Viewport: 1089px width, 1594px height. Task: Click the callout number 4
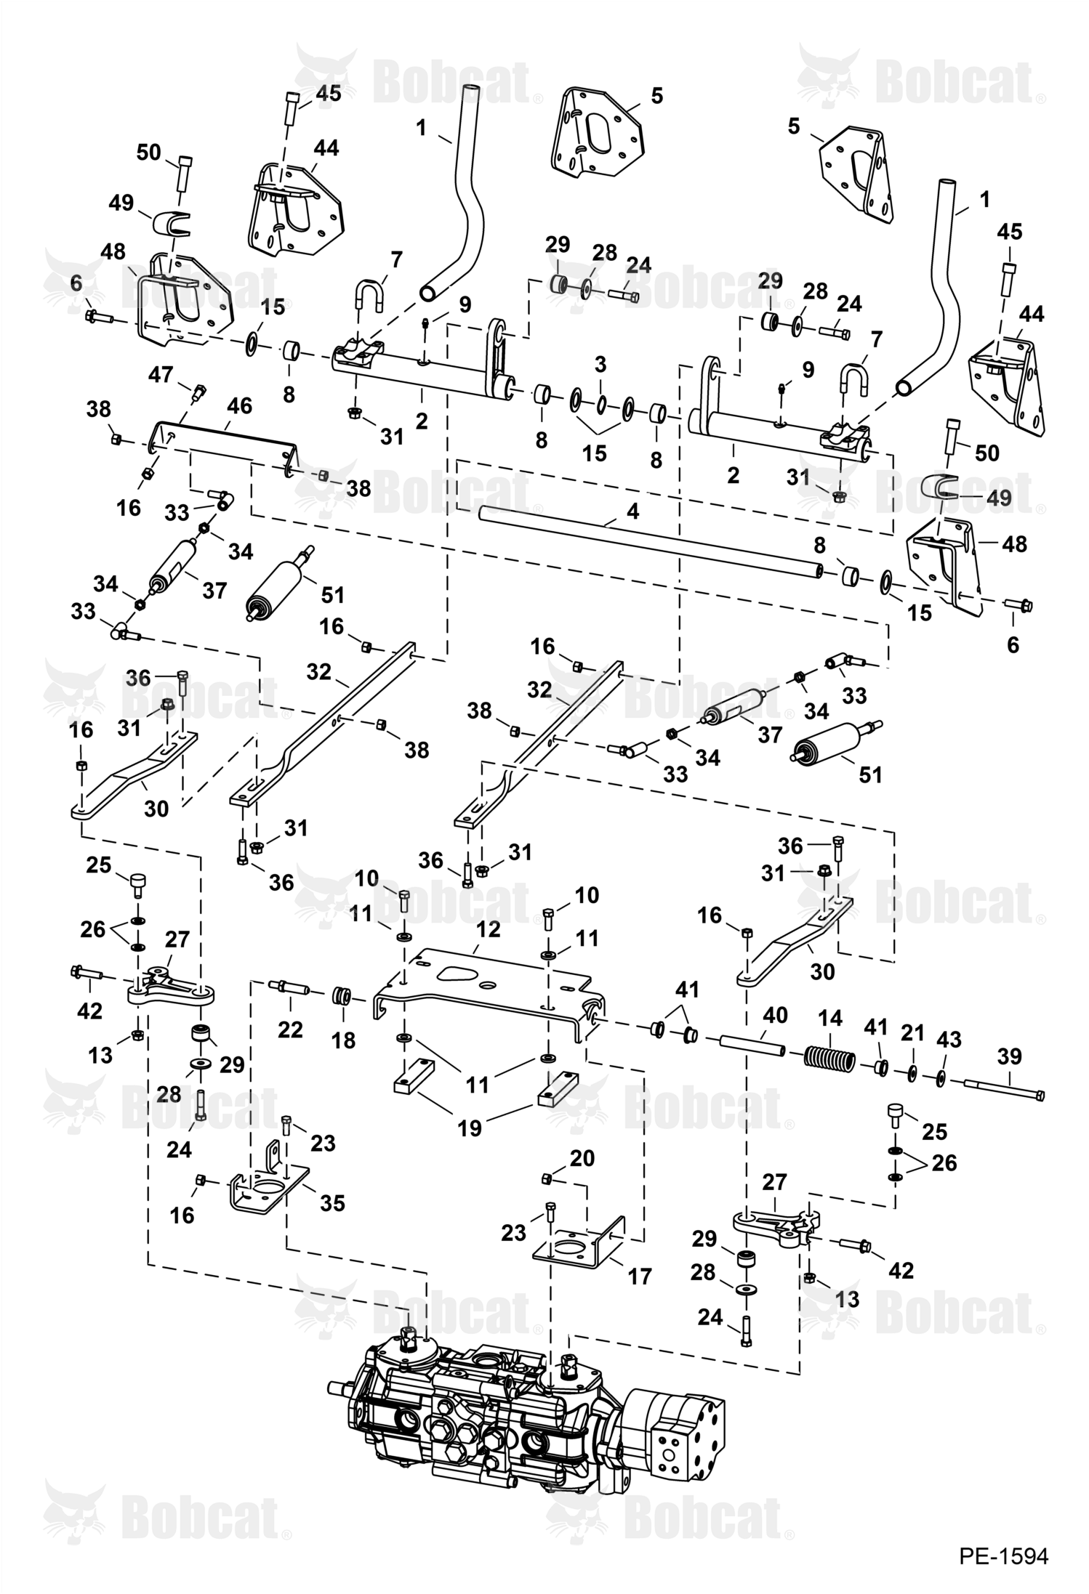[632, 511]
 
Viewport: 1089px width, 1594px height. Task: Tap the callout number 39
[1009, 1056]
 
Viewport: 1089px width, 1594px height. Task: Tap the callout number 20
[582, 1157]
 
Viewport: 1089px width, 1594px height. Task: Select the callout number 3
[600, 365]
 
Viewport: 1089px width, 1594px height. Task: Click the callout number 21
[912, 1032]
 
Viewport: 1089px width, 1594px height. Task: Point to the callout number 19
[470, 1128]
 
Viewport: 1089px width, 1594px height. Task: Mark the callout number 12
[489, 929]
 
